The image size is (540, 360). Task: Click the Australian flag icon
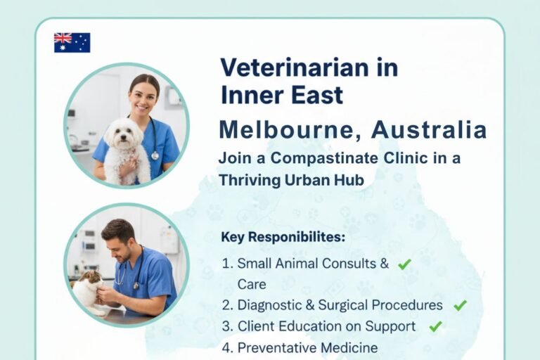(72, 42)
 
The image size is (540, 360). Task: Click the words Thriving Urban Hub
(292, 180)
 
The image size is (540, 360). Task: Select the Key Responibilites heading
(283, 237)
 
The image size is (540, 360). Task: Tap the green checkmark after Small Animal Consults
(404, 264)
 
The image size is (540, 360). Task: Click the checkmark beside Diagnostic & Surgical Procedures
(460, 305)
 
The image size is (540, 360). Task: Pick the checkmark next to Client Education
(435, 326)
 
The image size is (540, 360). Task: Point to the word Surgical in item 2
(350, 305)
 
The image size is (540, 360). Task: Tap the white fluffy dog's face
(122, 133)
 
